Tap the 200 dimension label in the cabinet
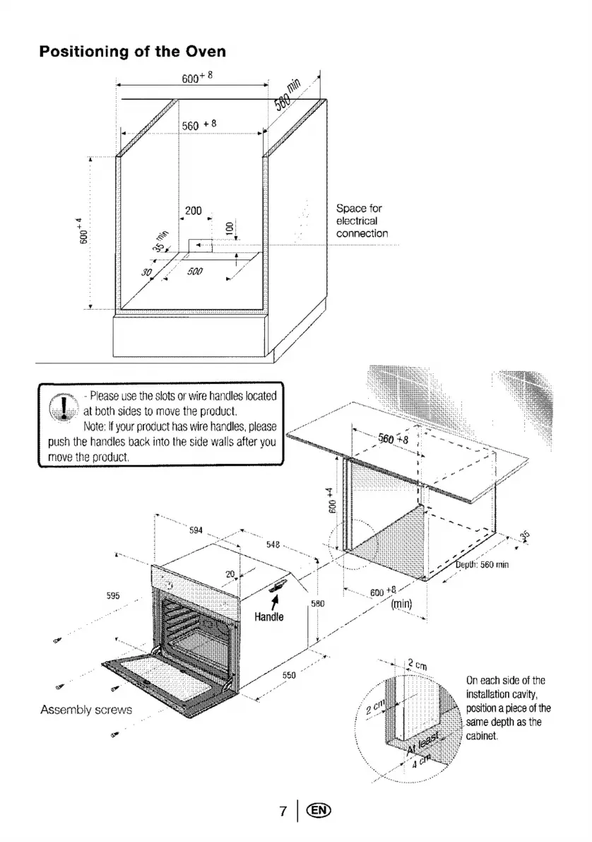coord(193,210)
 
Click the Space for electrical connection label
coord(362,221)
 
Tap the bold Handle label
coord(269,616)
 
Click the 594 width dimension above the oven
coord(197,530)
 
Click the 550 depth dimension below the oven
coord(288,675)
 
